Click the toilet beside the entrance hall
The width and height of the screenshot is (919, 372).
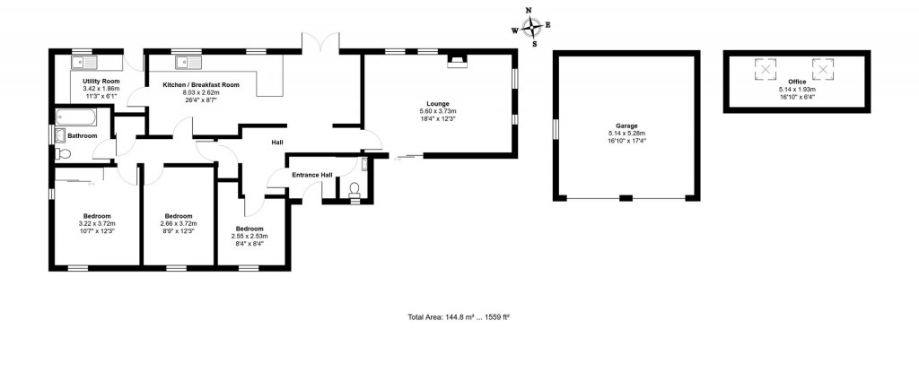(x=354, y=190)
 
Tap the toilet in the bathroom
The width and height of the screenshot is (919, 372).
(x=61, y=153)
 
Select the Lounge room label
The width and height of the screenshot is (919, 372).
(x=438, y=104)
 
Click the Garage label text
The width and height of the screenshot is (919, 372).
(x=626, y=126)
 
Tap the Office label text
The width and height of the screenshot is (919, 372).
(x=798, y=82)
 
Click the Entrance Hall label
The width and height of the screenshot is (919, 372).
(x=312, y=175)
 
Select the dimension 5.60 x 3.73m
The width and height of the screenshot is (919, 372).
(x=438, y=111)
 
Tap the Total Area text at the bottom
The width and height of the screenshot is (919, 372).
(x=459, y=316)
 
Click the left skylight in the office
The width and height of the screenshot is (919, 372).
(x=765, y=67)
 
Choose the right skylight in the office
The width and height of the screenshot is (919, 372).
(x=824, y=67)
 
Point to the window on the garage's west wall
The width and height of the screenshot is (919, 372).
(x=555, y=131)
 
